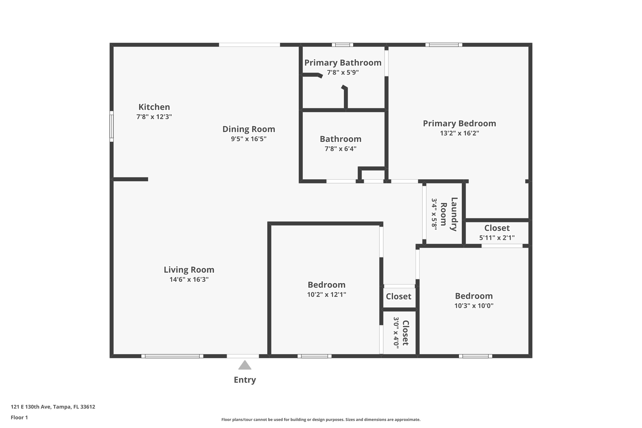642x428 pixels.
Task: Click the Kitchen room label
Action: point(154,107)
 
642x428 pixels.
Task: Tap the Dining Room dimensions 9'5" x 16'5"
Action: point(249,139)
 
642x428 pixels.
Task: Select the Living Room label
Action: point(189,270)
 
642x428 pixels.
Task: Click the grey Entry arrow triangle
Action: point(245,365)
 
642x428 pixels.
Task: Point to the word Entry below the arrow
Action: point(245,380)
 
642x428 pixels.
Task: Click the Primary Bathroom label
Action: point(343,63)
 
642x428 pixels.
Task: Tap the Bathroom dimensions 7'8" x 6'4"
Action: point(340,149)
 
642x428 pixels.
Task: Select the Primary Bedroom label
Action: point(460,124)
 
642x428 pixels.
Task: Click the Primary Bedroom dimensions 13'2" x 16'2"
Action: point(460,133)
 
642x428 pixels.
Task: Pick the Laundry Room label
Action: point(449,214)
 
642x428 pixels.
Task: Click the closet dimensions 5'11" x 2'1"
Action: point(497,238)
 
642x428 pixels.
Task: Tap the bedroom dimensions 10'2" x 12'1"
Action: point(327,294)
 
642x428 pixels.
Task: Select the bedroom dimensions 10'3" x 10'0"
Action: point(474,306)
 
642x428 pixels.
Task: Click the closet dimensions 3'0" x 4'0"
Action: point(396,333)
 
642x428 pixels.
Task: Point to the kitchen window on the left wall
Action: point(111,126)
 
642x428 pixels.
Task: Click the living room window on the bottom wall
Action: point(172,356)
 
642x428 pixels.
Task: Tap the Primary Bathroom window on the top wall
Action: point(343,45)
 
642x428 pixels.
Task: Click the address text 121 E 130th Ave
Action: point(31,407)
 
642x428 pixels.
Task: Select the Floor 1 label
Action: point(19,417)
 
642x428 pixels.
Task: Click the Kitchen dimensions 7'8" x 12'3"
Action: point(154,117)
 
